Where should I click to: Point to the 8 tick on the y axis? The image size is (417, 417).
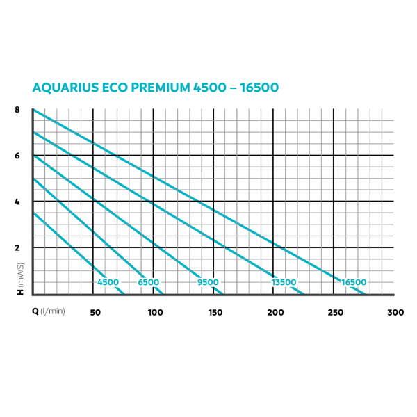pos(17,111)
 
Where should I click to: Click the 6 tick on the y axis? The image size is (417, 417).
pos(17,156)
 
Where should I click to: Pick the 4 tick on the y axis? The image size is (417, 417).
pos(17,202)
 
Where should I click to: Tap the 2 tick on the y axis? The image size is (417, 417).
pos(17,247)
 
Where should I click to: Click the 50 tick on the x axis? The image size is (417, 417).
pos(95,312)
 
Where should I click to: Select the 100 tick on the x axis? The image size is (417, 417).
pos(155,312)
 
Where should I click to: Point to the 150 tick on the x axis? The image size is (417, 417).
pos(215,312)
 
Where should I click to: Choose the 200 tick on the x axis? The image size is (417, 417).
pos(276,312)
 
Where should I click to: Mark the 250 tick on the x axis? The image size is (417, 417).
pos(336,312)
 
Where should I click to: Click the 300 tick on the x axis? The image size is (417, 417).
pos(395,312)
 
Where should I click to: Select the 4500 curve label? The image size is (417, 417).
pos(108,282)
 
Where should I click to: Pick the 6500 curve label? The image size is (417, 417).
pos(148,282)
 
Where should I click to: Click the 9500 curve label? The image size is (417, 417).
pos(208,282)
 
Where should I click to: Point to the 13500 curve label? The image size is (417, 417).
pos(284,282)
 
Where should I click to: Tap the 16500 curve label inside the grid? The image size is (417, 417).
pos(353,282)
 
